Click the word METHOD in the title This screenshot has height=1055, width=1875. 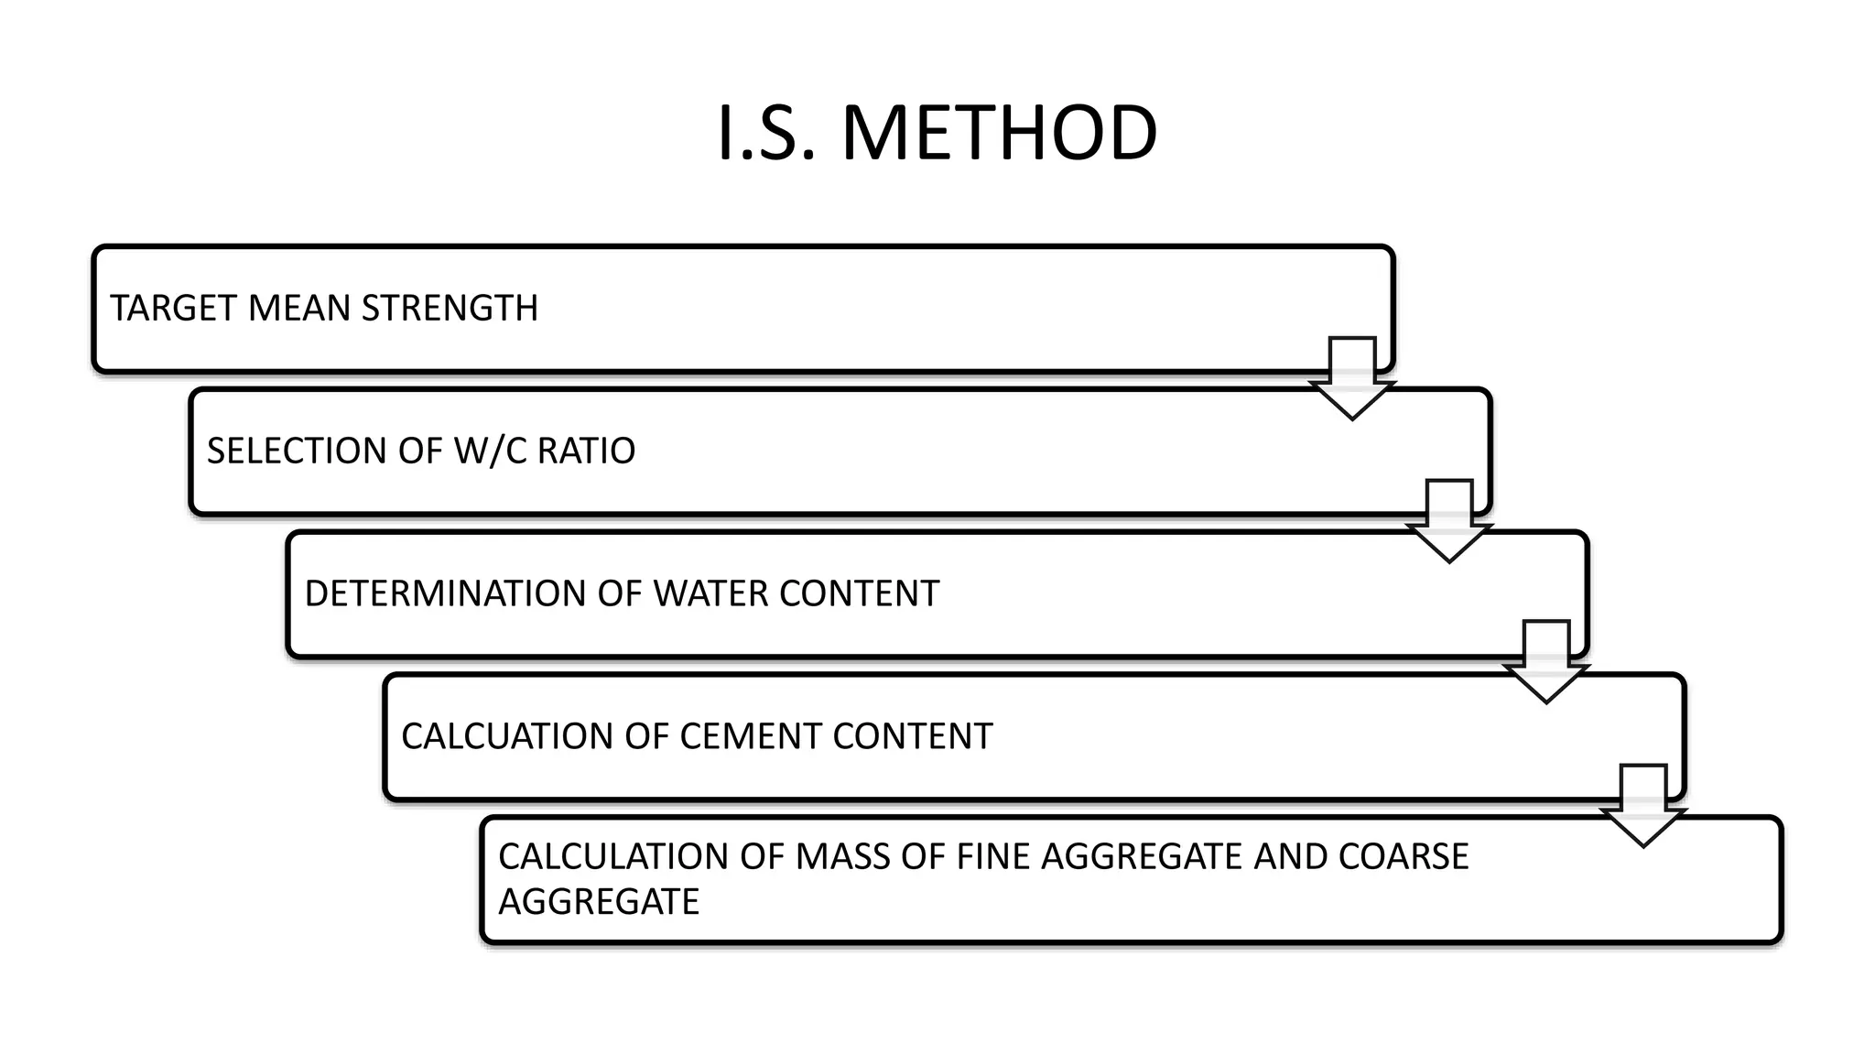tap(999, 134)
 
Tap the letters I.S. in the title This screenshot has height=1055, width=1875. tap(764, 134)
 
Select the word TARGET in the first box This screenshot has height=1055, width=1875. tap(174, 309)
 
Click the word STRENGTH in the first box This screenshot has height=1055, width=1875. tap(450, 309)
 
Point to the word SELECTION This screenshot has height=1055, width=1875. tap(297, 451)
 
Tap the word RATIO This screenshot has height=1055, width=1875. tap(586, 451)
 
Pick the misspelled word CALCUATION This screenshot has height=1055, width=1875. tap(506, 736)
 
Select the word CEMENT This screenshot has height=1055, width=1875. tap(751, 736)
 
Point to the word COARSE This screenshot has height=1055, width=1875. tap(1403, 856)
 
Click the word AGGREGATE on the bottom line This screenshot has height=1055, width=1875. tap(599, 901)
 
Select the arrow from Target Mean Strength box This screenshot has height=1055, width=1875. tap(1352, 377)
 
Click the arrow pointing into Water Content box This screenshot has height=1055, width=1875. tap(1449, 520)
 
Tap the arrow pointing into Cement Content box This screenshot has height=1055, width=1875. tap(1546, 661)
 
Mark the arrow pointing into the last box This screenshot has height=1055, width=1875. tap(1643, 805)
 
